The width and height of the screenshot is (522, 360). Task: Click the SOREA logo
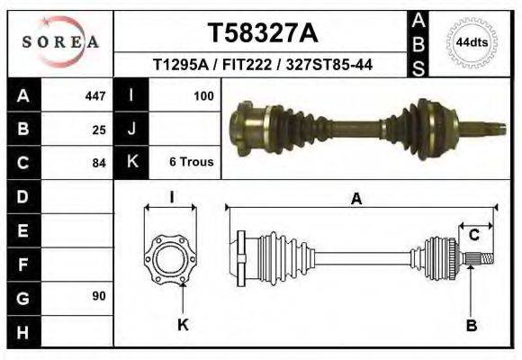point(59,41)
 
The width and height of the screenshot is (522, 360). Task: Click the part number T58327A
point(262,33)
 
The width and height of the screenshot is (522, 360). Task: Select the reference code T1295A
point(179,66)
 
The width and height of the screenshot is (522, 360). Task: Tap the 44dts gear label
point(472,41)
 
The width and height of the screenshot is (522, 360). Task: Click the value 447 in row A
point(94,95)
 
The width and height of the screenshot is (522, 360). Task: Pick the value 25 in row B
point(99,130)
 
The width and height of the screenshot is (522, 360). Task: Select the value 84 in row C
point(99,164)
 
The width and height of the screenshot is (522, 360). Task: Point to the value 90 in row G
point(99,296)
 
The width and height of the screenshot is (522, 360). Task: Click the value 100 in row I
point(202,95)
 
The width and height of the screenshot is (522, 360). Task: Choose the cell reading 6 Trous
point(191,163)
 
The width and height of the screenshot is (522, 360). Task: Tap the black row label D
point(22,196)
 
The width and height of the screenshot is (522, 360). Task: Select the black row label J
point(131,129)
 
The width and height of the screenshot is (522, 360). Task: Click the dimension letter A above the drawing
point(356,199)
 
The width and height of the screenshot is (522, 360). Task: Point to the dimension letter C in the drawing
point(473,236)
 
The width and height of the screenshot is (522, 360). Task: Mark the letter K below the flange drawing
point(183,325)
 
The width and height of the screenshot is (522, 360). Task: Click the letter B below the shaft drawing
point(471,325)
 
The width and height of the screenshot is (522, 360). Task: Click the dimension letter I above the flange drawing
point(171,197)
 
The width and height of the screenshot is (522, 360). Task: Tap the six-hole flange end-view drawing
point(170,258)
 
